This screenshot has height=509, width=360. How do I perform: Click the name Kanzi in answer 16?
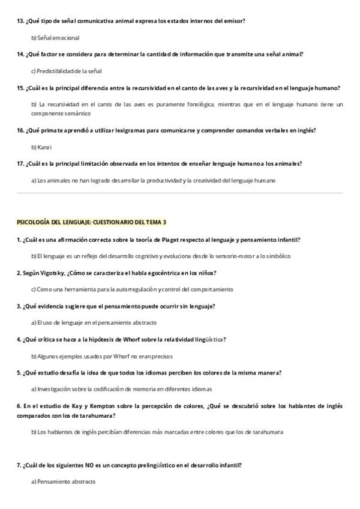pyautogui.click(x=44, y=147)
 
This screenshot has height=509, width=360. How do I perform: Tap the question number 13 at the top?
pyautogui.click(x=20, y=21)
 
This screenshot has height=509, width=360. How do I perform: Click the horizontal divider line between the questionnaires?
pyautogui.click(x=180, y=193)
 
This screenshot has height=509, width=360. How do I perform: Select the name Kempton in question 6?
pyautogui.click(x=89, y=406)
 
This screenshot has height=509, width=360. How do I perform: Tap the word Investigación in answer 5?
pyautogui.click(x=55, y=389)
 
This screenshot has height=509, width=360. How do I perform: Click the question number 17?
pyautogui.click(x=20, y=163)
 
